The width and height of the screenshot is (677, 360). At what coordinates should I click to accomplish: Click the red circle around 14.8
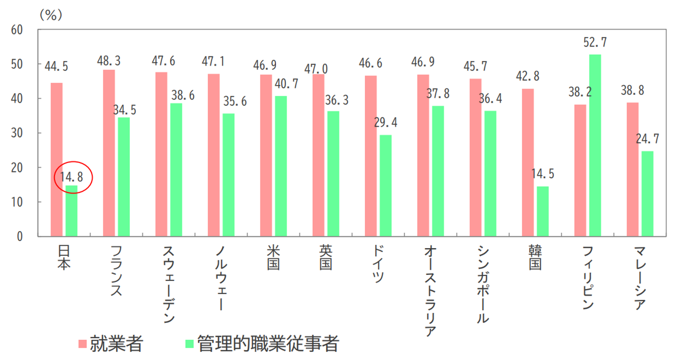[x=73, y=177]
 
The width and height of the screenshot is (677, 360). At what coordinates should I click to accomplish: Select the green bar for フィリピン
[x=595, y=146]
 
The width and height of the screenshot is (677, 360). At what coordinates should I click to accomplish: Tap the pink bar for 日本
[x=56, y=160]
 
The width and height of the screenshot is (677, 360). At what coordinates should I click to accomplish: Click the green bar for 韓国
[x=543, y=211]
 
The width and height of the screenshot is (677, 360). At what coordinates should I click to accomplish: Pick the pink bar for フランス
[x=109, y=153]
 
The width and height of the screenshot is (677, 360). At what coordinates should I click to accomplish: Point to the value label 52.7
[x=595, y=42]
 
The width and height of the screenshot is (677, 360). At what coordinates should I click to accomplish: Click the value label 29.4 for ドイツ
[x=386, y=123]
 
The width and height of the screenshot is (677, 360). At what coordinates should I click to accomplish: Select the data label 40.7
[x=281, y=84]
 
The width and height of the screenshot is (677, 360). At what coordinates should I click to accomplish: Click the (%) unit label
[x=51, y=15]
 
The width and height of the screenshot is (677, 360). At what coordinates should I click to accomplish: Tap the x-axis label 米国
[x=273, y=258]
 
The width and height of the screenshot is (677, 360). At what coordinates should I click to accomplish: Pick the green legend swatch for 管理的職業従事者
[x=189, y=344]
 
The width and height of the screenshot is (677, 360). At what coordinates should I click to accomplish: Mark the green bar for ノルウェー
[x=228, y=175]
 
